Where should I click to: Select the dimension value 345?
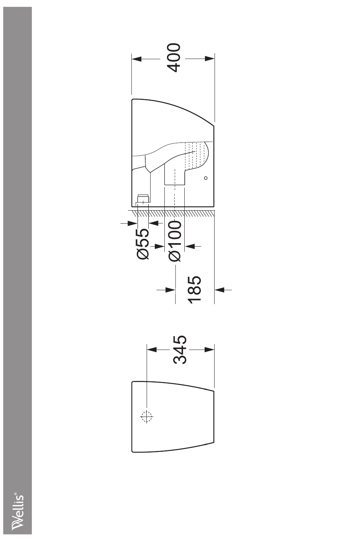[x=180, y=350]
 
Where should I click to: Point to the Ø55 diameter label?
[x=143, y=244]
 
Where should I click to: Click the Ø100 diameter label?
[x=175, y=241]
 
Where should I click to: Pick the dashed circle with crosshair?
[x=146, y=417]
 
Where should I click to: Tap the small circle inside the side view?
[x=206, y=178]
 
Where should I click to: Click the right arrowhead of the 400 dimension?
[x=210, y=59]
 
